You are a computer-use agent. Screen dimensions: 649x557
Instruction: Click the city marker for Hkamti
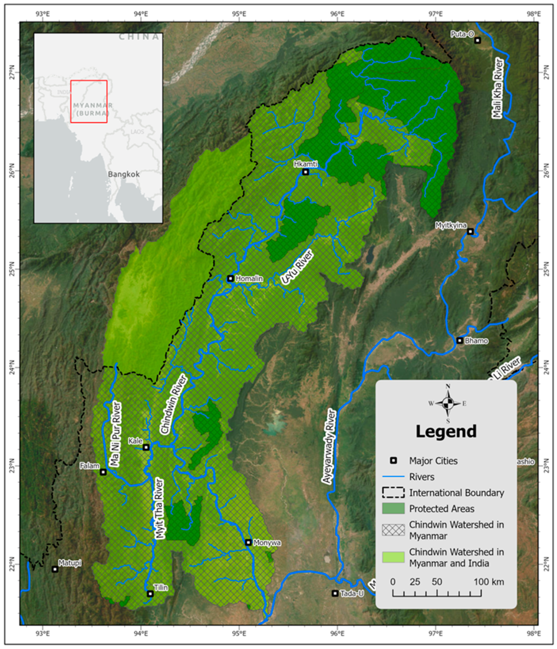coord(306,172)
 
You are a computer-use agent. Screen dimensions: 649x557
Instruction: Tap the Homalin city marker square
coord(230,278)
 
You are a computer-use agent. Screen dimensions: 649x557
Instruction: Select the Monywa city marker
coord(248,542)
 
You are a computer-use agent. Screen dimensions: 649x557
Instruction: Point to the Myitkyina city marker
coord(470,232)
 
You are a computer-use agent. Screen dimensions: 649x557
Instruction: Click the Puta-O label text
coord(462,34)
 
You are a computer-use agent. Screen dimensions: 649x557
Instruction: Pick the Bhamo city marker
coord(460,341)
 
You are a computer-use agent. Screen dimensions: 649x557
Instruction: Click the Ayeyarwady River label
coord(329,446)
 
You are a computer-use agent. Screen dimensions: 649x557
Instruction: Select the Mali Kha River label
coord(498,88)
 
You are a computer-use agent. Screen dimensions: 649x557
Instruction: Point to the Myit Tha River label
coord(159,508)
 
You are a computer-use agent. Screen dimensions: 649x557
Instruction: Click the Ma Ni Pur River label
coord(115,434)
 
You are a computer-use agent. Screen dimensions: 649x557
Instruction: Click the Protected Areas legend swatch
coord(393,508)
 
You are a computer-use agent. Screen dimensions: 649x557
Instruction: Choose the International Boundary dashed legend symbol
coord(393,492)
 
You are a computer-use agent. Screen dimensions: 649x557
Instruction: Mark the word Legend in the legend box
coord(446,431)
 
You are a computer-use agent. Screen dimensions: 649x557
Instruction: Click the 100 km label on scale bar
coord(489,582)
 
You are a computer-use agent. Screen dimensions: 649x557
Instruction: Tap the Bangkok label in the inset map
coord(124,174)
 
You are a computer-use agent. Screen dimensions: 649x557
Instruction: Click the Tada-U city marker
coord(335,593)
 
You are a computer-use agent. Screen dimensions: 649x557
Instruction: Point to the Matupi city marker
coord(55,569)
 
